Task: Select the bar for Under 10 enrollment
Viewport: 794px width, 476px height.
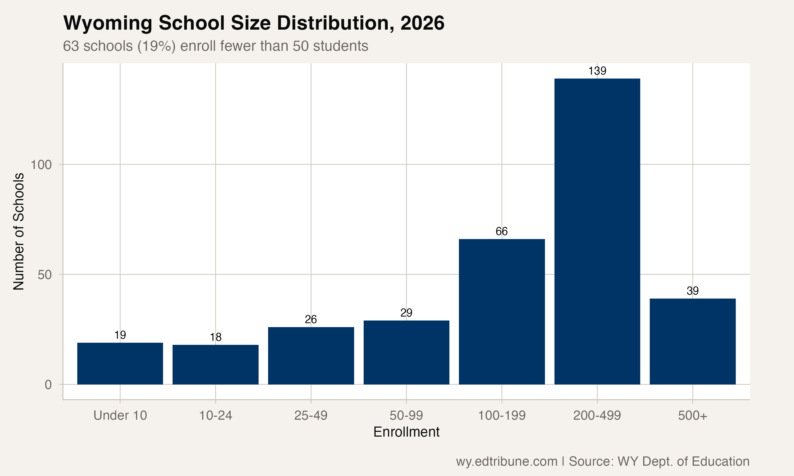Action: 120,363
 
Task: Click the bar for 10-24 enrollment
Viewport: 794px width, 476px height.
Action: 215,365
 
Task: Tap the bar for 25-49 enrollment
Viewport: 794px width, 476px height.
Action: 311,356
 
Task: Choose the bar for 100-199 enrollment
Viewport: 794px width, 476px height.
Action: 502,312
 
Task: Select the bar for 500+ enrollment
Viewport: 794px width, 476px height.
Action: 693,341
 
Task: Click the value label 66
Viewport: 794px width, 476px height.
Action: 502,231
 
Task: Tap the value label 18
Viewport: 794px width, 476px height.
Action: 215,337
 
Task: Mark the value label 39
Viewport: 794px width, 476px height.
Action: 693,291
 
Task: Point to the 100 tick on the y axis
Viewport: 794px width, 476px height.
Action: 41,165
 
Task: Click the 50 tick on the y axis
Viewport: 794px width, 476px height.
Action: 45,275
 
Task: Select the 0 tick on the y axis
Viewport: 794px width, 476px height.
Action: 48,385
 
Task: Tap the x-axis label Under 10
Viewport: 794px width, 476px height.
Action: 120,415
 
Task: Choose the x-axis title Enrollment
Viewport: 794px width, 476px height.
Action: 406,432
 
